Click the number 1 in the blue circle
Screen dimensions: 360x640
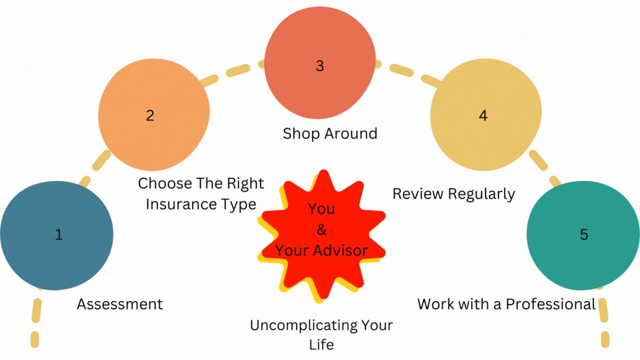(x=59, y=235)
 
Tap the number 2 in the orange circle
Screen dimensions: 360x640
(x=150, y=116)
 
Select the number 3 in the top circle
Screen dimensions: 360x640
(x=319, y=66)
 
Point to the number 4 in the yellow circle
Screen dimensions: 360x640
(x=483, y=116)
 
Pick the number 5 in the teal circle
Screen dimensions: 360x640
(x=584, y=235)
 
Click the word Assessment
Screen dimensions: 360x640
(x=120, y=304)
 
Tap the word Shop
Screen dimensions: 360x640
(x=301, y=134)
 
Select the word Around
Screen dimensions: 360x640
(x=351, y=134)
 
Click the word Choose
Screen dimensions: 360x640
(x=164, y=183)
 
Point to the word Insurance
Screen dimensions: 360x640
(x=181, y=204)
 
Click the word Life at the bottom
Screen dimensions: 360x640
(x=321, y=345)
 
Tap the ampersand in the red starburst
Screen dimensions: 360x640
(x=322, y=229)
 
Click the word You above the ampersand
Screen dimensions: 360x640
(x=322, y=209)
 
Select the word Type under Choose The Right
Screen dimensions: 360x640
(x=238, y=204)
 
